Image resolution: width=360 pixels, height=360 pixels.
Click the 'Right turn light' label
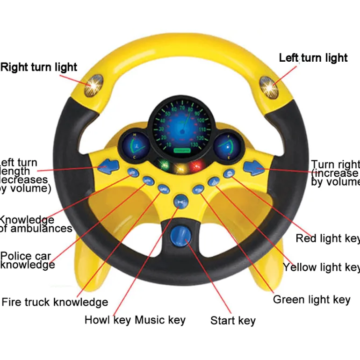(x=39, y=67)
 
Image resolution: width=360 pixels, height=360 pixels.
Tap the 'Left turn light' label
(x=313, y=58)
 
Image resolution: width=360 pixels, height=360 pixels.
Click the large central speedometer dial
(x=180, y=126)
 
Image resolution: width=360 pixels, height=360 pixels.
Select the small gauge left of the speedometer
(x=135, y=144)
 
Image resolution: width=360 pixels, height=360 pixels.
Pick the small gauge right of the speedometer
(x=226, y=144)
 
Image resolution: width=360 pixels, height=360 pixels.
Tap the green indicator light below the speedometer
(x=163, y=165)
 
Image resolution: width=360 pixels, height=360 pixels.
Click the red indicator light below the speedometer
(x=197, y=165)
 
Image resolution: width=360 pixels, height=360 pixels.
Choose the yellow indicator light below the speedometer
(x=180, y=167)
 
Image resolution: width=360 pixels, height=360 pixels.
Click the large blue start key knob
(x=180, y=236)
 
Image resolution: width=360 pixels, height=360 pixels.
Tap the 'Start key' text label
(x=233, y=321)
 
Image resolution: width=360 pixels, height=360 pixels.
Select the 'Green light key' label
(x=311, y=299)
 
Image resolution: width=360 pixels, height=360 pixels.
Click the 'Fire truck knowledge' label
(x=55, y=302)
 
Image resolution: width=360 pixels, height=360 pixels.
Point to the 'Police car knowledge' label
(x=28, y=260)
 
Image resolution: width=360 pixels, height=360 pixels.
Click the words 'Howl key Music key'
(x=135, y=320)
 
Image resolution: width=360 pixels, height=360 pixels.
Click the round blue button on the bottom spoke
(x=180, y=202)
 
